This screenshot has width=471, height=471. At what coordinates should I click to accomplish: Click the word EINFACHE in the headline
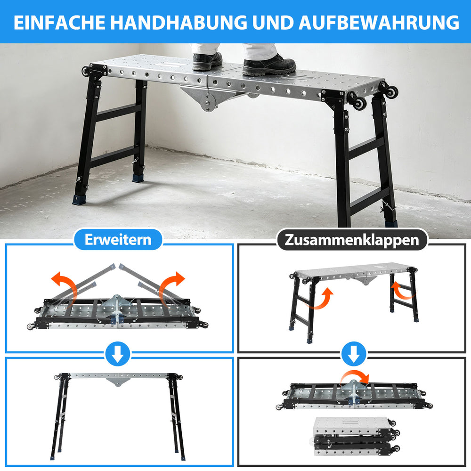[x=59, y=22]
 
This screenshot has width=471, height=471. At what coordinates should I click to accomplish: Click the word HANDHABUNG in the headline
[x=179, y=22]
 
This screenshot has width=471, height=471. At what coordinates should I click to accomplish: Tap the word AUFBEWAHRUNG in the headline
[x=379, y=22]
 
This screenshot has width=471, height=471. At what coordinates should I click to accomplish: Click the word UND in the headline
[x=273, y=22]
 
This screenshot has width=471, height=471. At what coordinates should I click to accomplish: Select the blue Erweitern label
[x=118, y=239]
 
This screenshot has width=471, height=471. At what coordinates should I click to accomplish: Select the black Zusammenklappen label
[x=352, y=240]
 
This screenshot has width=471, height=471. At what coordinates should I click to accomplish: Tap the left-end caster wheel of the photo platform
[x=86, y=71]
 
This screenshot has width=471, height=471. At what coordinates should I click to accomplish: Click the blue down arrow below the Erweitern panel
[x=118, y=354]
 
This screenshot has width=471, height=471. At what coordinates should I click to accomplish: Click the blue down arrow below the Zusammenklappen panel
[x=354, y=354]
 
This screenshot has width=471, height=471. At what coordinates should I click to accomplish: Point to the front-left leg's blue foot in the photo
[x=79, y=200]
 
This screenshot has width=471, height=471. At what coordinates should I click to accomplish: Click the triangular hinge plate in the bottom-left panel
[x=118, y=382]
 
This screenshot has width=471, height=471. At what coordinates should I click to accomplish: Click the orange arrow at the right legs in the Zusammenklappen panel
[x=403, y=290]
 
